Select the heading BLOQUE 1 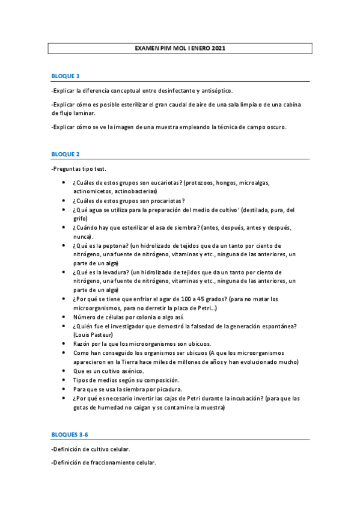66,76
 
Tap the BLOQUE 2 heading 66,154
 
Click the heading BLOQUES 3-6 70,434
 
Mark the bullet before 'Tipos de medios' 64,380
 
